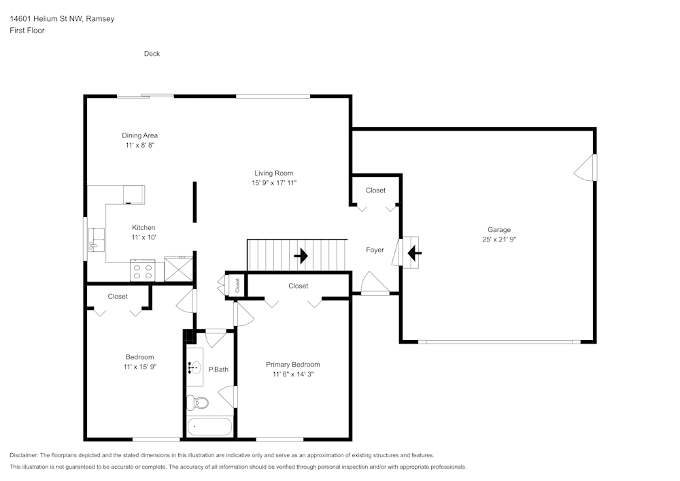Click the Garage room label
click(x=498, y=229)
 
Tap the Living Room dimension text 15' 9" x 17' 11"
click(x=274, y=183)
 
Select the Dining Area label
click(x=139, y=135)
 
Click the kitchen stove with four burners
click(x=143, y=271)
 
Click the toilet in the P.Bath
click(x=197, y=403)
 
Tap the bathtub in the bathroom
click(x=209, y=428)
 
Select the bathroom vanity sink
click(x=194, y=368)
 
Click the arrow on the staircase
click(x=300, y=256)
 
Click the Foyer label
click(x=375, y=250)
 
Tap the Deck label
click(x=152, y=54)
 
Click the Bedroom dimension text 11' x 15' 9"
click(x=140, y=367)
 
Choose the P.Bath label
click(x=218, y=369)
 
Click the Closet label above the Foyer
click(x=375, y=190)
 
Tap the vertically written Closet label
click(x=237, y=286)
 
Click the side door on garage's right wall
click(x=587, y=167)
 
